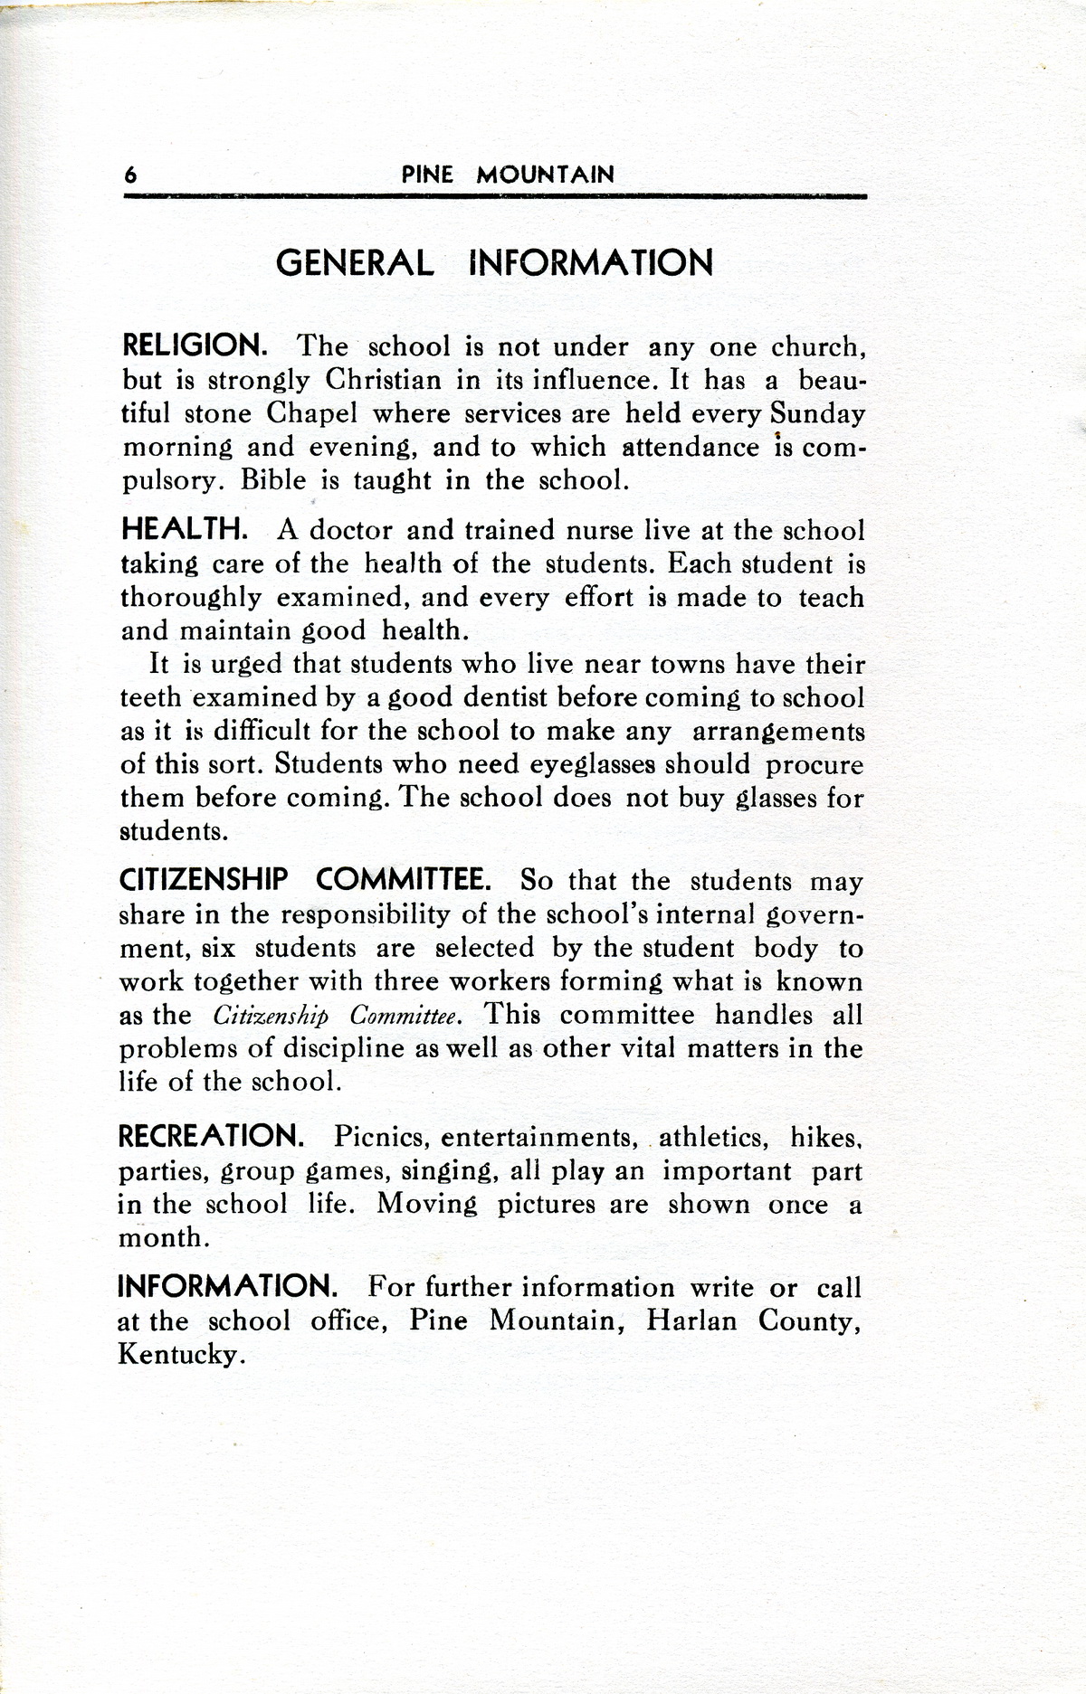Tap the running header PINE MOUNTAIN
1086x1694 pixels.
(508, 175)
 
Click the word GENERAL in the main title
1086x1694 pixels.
(355, 263)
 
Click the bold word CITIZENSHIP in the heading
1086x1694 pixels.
(204, 879)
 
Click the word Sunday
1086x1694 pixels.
(818, 413)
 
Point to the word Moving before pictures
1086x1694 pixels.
(427, 1205)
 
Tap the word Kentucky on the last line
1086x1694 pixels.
(181, 1356)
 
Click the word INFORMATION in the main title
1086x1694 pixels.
(592, 263)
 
